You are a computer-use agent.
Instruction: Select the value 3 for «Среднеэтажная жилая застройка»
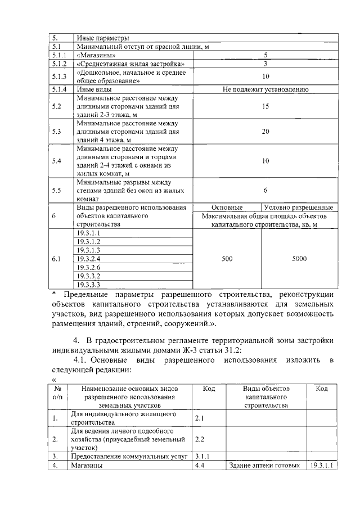coord(265,65)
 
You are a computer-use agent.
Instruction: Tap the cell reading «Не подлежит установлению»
coord(265,89)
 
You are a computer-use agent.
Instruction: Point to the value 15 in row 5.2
coord(265,106)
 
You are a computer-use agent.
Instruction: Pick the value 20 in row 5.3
coord(265,131)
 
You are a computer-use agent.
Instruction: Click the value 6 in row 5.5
coord(265,190)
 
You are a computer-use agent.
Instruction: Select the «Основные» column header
coord(227,207)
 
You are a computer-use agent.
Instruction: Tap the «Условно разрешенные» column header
coord(300,207)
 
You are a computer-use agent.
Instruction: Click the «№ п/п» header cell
coord(57,397)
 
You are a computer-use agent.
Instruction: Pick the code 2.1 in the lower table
coord(199,418)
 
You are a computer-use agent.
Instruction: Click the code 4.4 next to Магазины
coord(199,466)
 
